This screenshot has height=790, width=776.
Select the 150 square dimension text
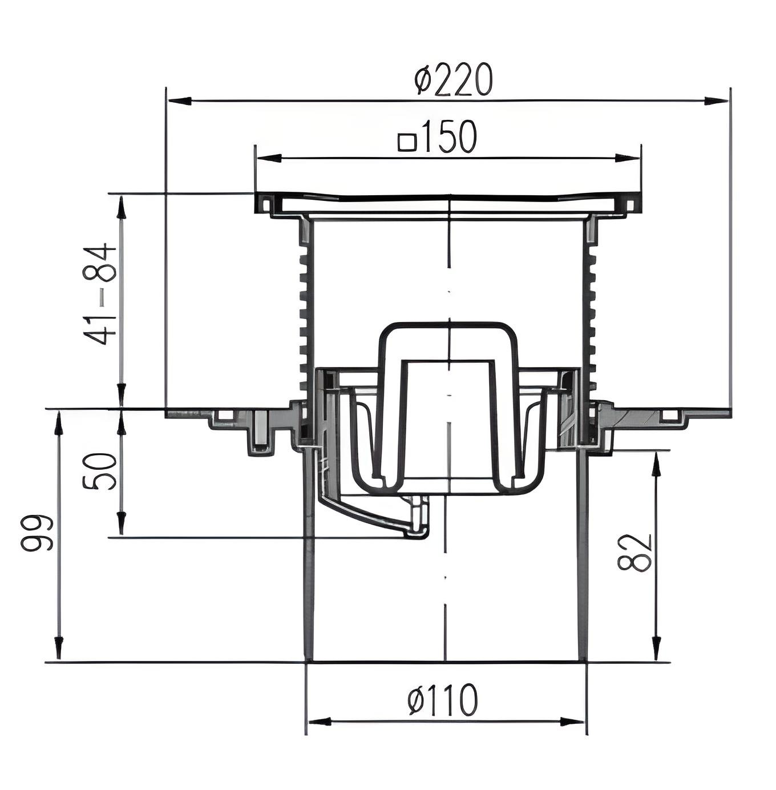tap(438, 136)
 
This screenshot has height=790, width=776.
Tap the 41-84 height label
tap(100, 295)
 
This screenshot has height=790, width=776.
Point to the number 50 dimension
tap(100, 471)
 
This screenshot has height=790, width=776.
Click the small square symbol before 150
tap(407, 143)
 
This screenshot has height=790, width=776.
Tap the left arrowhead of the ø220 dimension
tap(180, 100)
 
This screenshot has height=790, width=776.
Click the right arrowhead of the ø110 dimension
tap(572, 721)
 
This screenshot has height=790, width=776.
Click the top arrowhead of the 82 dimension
tap(656, 464)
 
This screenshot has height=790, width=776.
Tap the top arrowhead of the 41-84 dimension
tap(122, 208)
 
